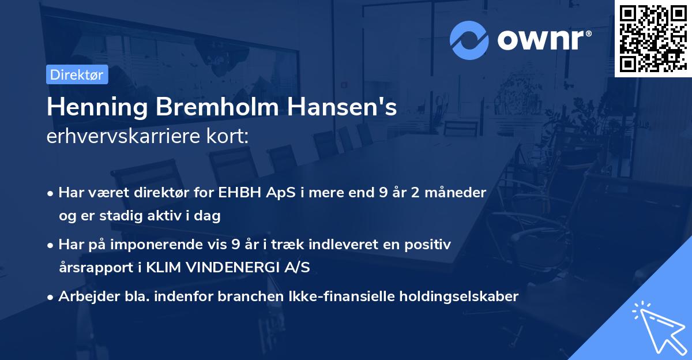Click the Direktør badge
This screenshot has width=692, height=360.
[x=77, y=74]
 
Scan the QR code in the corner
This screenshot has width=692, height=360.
[x=653, y=39]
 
